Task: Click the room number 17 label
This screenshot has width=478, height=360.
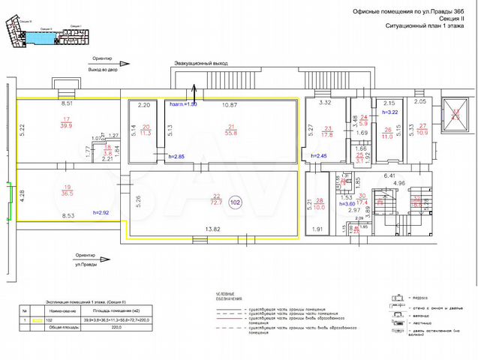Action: (67, 118)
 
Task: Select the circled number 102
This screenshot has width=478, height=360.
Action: (235, 202)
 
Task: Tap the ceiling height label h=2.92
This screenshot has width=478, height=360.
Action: (101, 213)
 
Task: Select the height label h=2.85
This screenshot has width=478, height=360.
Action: (176, 156)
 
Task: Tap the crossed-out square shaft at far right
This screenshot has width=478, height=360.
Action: (454, 112)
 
